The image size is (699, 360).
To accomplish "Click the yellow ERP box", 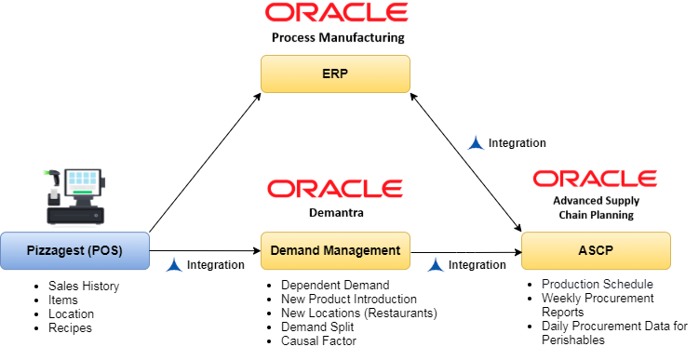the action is tap(335, 74).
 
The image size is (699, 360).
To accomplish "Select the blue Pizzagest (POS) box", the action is tap(74, 250).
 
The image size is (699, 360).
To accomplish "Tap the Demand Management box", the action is tap(335, 250).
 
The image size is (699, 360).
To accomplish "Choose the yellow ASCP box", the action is tap(596, 250).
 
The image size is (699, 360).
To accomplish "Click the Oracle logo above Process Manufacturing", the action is tap(337, 12).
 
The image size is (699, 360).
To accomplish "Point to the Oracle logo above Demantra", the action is tap(335, 189).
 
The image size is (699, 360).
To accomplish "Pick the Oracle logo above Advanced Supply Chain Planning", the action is tap(595, 179).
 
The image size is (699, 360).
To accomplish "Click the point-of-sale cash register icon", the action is tap(75, 196).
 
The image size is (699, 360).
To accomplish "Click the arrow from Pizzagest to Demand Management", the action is tap(205, 251).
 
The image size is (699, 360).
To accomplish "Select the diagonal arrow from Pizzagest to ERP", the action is tap(205, 163).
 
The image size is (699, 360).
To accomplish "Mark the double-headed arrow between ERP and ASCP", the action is tap(465, 162).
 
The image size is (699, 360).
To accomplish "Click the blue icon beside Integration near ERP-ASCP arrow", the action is tap(476, 142).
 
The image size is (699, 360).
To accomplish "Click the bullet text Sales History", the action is tap(84, 286).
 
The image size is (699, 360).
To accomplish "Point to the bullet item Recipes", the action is tap(70, 328).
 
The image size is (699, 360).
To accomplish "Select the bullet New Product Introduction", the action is tap(349, 299).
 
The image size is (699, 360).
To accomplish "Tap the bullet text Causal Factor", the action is tap(318, 340).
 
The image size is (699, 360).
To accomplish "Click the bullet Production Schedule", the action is tap(598, 284).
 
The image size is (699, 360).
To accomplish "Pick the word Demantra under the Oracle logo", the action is tap(336, 212).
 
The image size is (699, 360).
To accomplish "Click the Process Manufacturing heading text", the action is tap(338, 37).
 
